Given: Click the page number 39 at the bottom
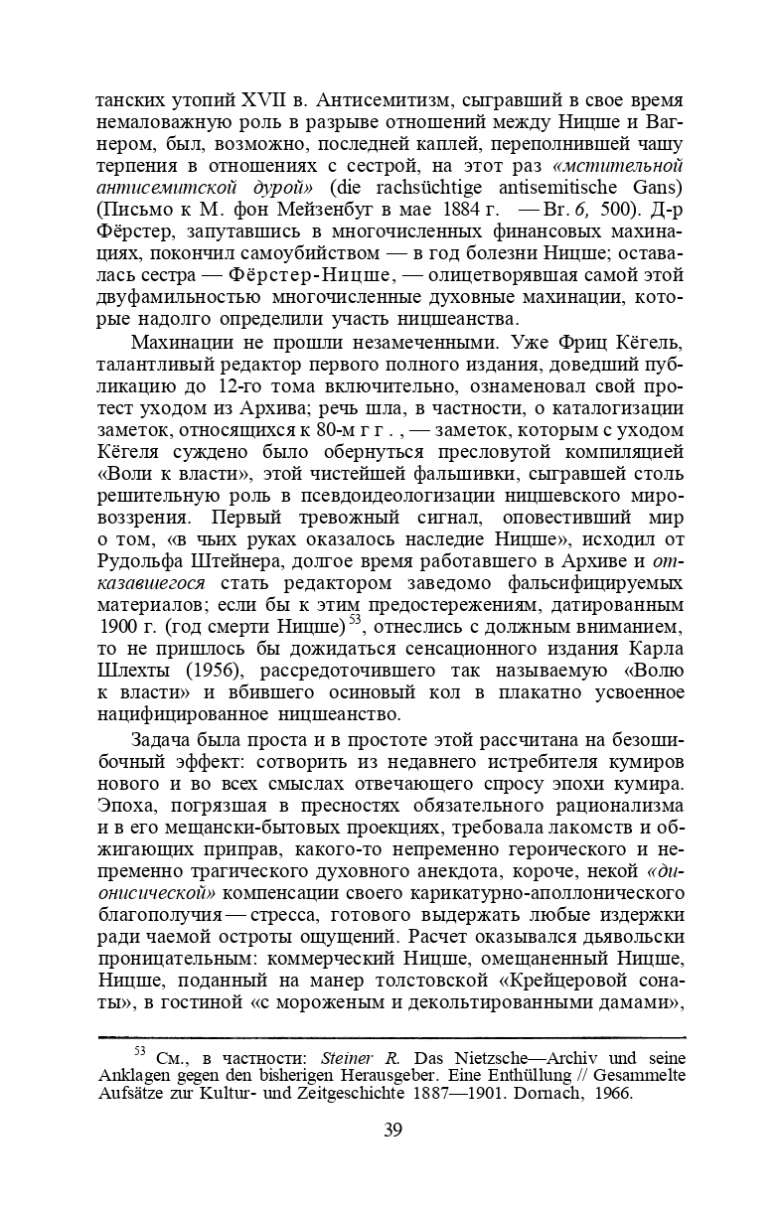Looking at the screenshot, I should pos(391,1130).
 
